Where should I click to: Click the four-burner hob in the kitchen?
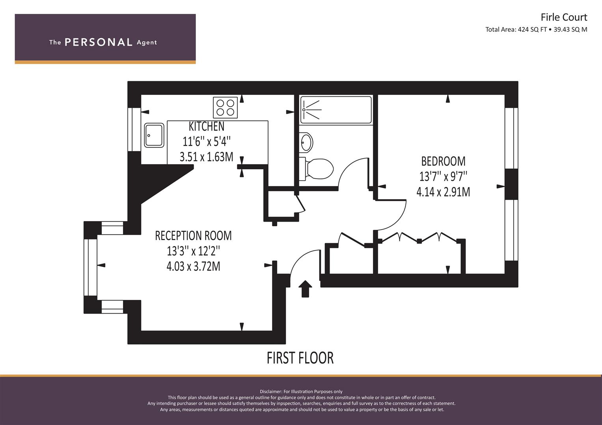(225, 107)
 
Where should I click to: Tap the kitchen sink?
(154, 135)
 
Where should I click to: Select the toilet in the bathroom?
(316, 169)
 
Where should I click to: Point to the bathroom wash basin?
(306, 142)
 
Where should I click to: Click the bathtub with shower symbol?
(336, 110)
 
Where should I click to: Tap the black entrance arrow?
(305, 289)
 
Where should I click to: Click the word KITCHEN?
(207, 126)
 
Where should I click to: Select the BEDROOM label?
(443, 161)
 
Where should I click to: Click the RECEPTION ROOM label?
(193, 236)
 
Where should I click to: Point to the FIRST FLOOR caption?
(300, 358)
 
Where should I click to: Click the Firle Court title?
(564, 17)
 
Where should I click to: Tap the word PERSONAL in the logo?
(99, 42)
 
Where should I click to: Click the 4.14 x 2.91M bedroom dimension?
(443, 192)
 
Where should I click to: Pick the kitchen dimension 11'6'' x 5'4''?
(207, 141)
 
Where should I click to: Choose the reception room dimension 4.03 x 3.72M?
(193, 266)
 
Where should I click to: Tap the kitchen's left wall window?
(134, 129)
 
